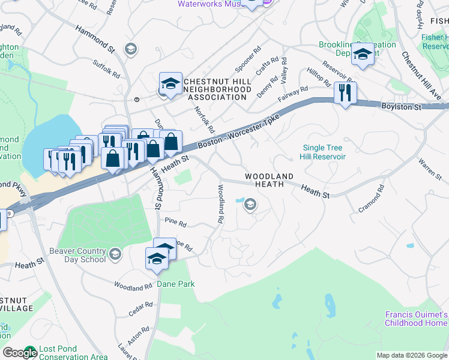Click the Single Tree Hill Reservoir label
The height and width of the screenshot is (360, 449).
pyautogui.click(x=323, y=152)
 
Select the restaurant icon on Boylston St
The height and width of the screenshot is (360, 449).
pyautogui.click(x=345, y=93)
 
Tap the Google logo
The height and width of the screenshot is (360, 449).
pyautogui.click(x=20, y=353)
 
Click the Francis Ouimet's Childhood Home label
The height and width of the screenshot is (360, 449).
pyautogui.click(x=417, y=319)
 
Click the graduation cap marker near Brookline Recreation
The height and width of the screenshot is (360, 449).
pyautogui.click(x=362, y=55)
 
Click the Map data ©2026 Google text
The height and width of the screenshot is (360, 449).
pyautogui.click(x=411, y=355)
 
